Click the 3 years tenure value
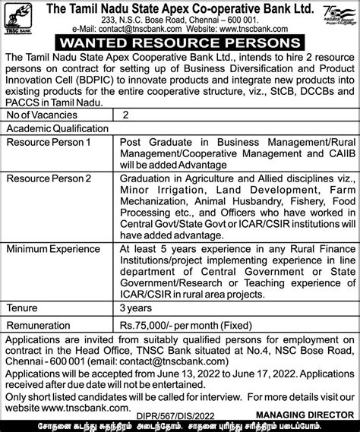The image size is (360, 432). (x=140, y=309)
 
